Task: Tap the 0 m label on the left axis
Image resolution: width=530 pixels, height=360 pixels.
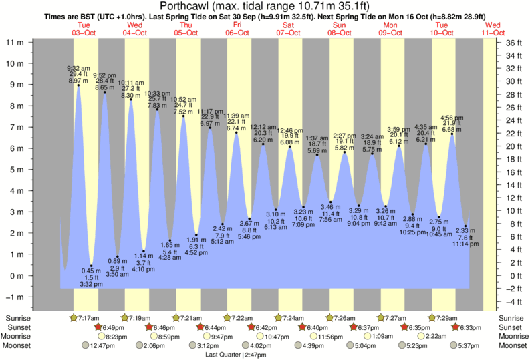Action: point(18,276)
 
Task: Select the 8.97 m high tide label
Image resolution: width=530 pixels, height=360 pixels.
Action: point(78,81)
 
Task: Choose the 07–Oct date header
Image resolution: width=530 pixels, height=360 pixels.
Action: point(289,31)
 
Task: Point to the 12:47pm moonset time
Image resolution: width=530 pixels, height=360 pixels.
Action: point(98,345)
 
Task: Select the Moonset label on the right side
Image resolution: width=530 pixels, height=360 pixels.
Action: point(511,345)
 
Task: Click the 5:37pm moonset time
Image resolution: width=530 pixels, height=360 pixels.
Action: point(469,345)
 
